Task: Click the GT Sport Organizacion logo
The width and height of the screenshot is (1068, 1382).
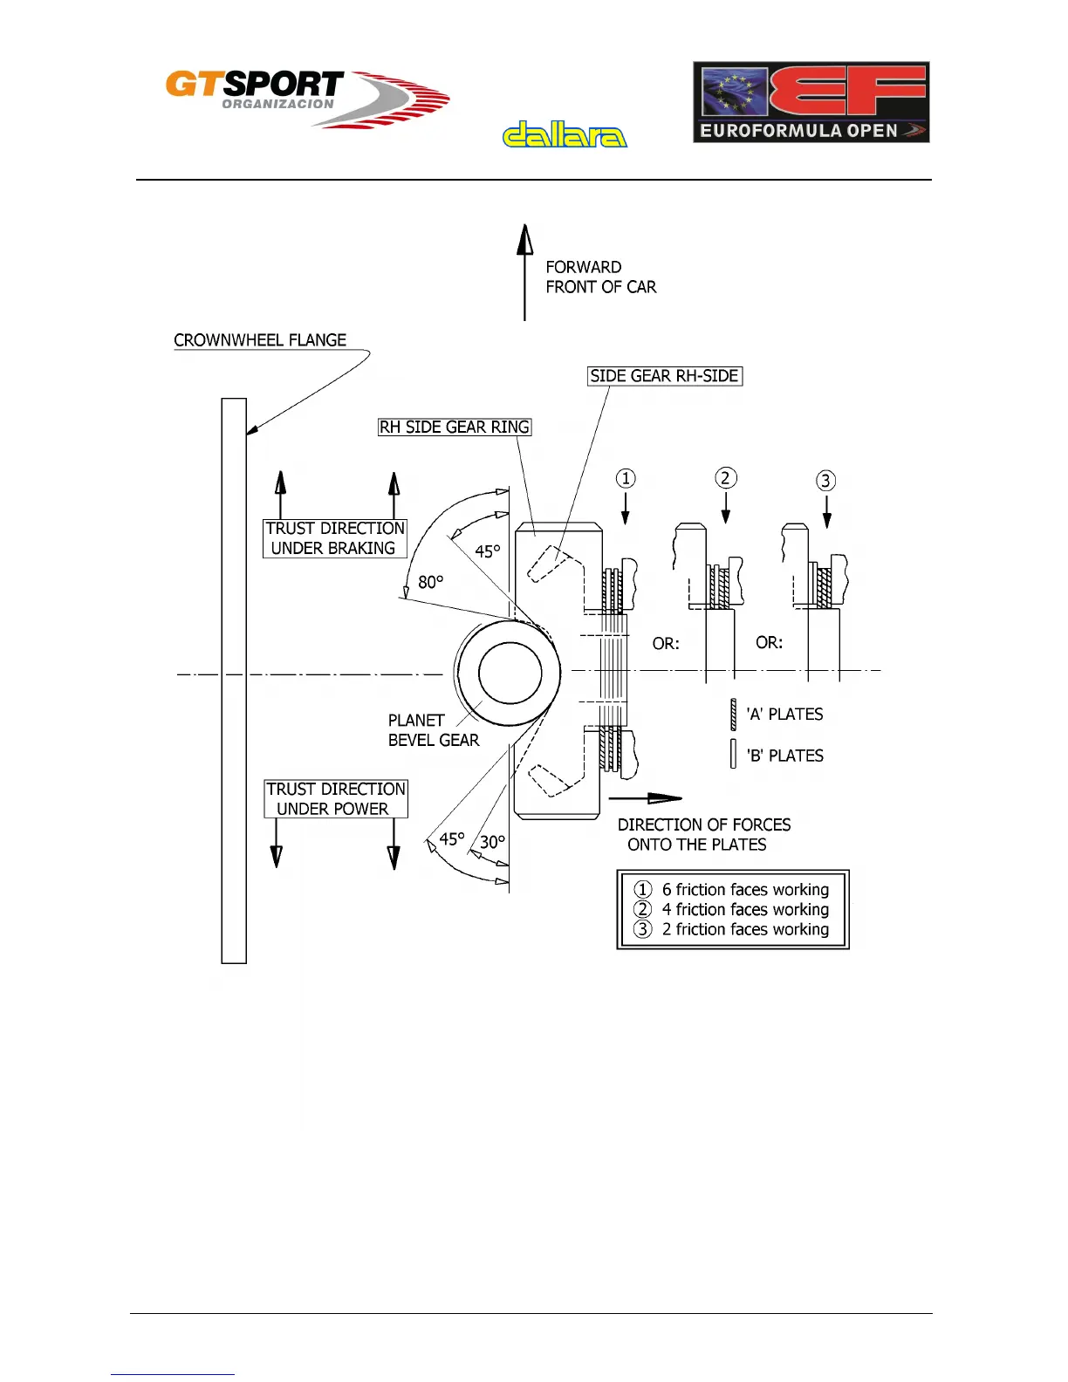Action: point(305,98)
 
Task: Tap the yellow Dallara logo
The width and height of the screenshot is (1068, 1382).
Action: point(565,134)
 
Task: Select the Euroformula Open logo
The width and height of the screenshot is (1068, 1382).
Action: point(811,102)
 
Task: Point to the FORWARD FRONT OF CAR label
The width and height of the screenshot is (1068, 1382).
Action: point(600,277)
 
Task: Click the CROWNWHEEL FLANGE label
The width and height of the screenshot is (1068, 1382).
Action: point(260,340)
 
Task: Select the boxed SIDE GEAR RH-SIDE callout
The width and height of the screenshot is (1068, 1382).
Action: point(665,376)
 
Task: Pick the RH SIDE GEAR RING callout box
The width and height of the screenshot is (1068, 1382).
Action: point(455,427)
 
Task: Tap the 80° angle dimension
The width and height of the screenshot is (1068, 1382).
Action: point(430,581)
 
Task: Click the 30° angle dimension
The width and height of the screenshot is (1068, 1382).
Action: point(492,842)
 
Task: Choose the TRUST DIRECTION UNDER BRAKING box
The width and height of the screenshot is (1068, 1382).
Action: point(335,538)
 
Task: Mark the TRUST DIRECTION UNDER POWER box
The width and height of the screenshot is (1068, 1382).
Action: point(336,799)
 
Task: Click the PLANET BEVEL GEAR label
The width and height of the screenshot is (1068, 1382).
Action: point(433,730)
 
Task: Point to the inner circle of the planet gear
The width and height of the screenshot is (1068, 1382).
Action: point(510,673)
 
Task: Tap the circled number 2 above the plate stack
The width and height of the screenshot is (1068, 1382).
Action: point(726,478)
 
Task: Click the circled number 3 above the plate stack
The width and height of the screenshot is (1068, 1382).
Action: point(825,481)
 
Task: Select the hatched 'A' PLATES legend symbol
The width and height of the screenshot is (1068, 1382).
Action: point(734,714)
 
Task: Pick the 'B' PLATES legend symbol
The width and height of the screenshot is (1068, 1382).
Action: point(734,755)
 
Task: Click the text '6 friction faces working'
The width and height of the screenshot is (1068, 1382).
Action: point(745,889)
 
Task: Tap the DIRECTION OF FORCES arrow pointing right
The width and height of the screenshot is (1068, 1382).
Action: point(645,797)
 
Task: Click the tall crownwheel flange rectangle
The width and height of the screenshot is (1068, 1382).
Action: point(234,681)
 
